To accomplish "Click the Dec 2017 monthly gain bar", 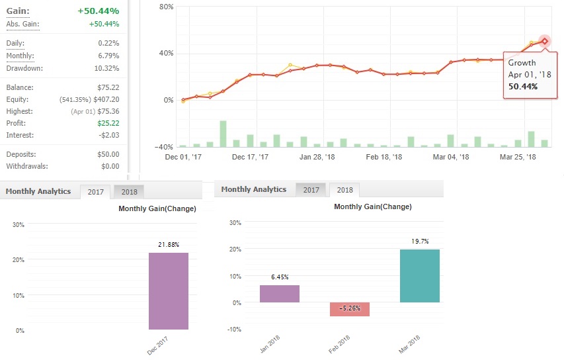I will (x=169, y=291).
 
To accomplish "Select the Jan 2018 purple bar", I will (x=280, y=294).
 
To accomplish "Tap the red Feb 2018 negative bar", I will (x=350, y=309).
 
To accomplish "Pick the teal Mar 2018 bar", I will (x=420, y=276).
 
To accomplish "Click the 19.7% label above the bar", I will (x=420, y=242).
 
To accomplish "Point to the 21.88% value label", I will (x=169, y=245).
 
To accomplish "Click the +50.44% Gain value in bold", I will (x=98, y=11).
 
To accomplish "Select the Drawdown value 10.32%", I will (x=106, y=68).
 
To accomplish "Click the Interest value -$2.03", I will (x=107, y=135).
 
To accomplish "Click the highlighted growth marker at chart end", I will (x=545, y=41).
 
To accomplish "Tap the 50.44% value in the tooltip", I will (x=522, y=86).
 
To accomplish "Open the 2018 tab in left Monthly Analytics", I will (x=129, y=192).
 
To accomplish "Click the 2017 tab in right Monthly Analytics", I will (x=311, y=190).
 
